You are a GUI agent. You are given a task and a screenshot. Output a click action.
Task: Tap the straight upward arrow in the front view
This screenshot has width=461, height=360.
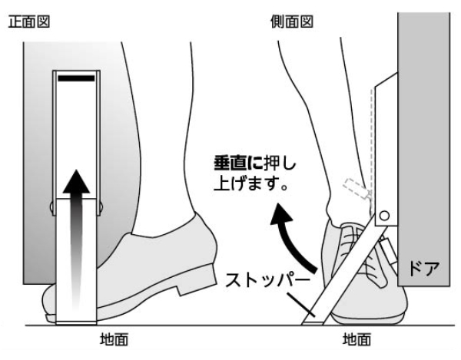[x=75, y=230]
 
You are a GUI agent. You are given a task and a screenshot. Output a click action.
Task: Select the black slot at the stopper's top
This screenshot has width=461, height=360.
[x=75, y=78]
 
